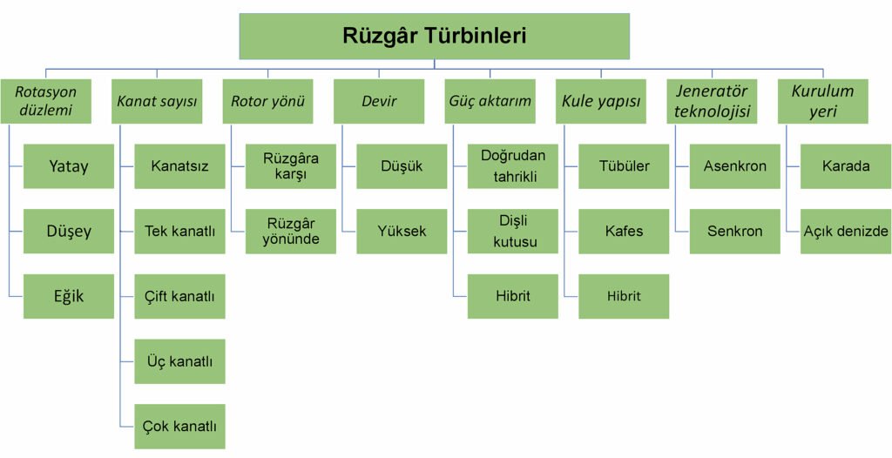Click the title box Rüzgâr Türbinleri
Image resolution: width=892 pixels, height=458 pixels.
pyautogui.click(x=434, y=36)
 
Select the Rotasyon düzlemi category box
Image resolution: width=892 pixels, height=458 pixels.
pyautogui.click(x=45, y=101)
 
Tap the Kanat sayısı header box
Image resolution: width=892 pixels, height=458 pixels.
pyautogui.click(x=157, y=101)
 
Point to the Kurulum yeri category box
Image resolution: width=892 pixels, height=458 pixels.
pyautogui.click(x=823, y=101)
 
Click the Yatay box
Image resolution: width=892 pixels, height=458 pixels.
pyautogui.click(x=69, y=165)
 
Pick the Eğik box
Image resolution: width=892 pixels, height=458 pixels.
pyautogui.click(x=69, y=296)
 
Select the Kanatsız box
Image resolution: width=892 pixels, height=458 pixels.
pyautogui.click(x=179, y=165)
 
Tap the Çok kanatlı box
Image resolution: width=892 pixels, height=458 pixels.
pyautogui.click(x=179, y=427)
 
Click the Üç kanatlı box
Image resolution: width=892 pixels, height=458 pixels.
pyautogui.click(x=179, y=361)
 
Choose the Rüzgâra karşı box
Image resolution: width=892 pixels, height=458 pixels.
pyautogui.click(x=291, y=165)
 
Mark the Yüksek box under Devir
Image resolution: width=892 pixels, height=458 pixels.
pyautogui.click(x=402, y=231)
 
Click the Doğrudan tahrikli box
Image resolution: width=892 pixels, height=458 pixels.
pyautogui.click(x=513, y=165)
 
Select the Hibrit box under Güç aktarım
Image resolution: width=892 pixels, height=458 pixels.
pyautogui.click(x=513, y=296)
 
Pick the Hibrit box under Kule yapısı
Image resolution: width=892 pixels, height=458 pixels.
pyautogui.click(x=624, y=296)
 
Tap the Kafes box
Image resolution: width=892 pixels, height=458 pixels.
pyautogui.click(x=624, y=231)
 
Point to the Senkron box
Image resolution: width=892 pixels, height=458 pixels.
pyautogui.click(x=735, y=231)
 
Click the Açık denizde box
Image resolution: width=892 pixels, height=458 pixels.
pyautogui.click(x=846, y=231)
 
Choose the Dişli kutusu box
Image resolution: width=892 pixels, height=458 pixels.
pyautogui.click(x=513, y=231)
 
